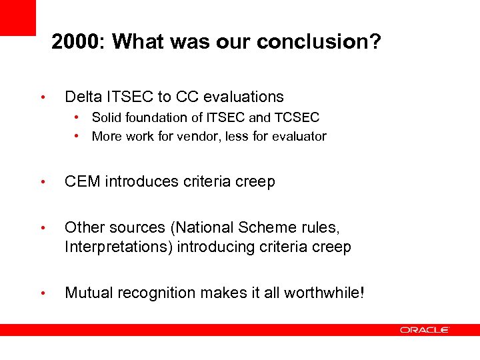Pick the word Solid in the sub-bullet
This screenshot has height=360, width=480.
tap(106, 118)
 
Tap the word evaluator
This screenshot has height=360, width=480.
tap(301, 137)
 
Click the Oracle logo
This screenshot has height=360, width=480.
tap(425, 330)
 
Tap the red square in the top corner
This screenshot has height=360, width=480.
tap(17, 17)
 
